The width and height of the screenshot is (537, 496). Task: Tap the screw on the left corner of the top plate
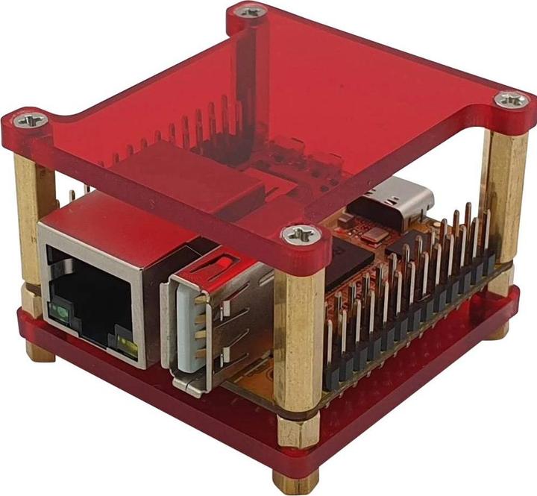31,119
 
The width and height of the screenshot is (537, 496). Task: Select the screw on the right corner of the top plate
512,98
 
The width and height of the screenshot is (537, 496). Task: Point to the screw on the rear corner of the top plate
250,11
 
